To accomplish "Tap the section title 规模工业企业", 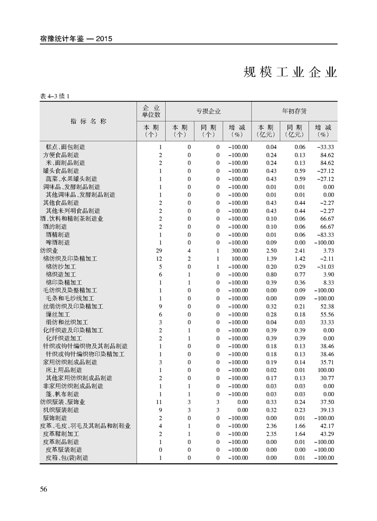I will (x=290, y=72).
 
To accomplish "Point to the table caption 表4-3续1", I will (x=55, y=96).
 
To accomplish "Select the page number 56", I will (x=44, y=489).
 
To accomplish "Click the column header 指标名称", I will (x=88, y=121).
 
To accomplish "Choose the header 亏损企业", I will (x=208, y=111).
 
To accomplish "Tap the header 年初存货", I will (x=294, y=111).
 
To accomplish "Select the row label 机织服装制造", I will (x=61, y=410).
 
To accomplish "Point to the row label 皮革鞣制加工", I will (x=61, y=434).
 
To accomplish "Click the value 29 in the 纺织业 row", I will (x=159, y=251).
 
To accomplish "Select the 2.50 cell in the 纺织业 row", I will (x=270, y=251).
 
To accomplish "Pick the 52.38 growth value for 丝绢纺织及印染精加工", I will (x=326, y=306).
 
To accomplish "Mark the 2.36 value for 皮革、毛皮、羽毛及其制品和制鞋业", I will (x=270, y=426).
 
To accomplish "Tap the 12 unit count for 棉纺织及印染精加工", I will (x=159, y=258).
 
